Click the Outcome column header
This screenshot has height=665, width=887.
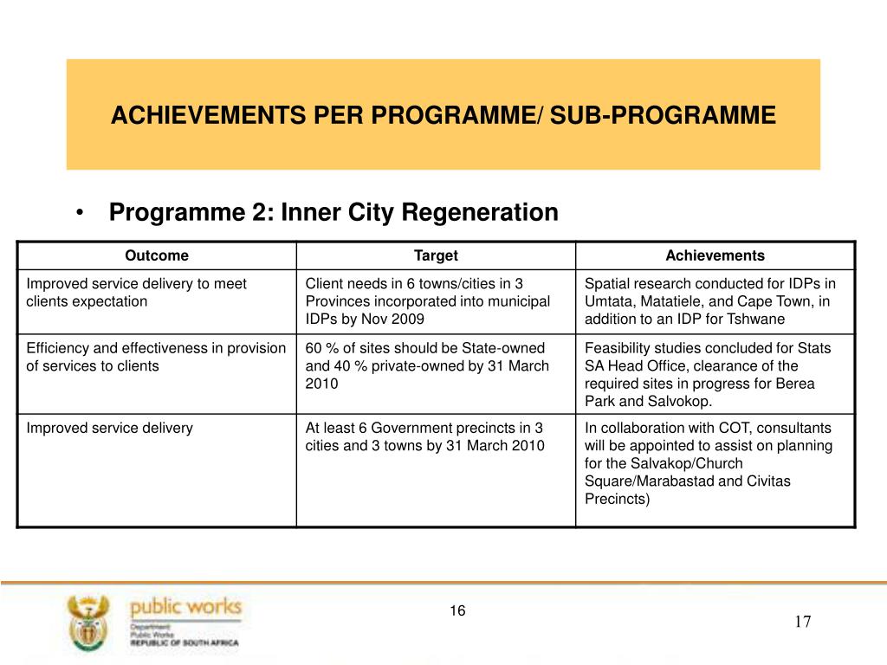(157, 255)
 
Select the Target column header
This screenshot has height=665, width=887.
(436, 255)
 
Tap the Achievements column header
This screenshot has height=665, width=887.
(715, 255)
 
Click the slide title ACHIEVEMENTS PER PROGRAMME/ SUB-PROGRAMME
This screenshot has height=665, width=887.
(443, 115)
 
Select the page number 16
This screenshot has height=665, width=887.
(457, 611)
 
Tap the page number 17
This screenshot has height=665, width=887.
(802, 622)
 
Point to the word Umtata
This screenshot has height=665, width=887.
(607, 301)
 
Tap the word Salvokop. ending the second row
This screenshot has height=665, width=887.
(681, 400)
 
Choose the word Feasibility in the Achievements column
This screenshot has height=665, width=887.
(616, 348)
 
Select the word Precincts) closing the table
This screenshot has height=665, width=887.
(617, 498)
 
